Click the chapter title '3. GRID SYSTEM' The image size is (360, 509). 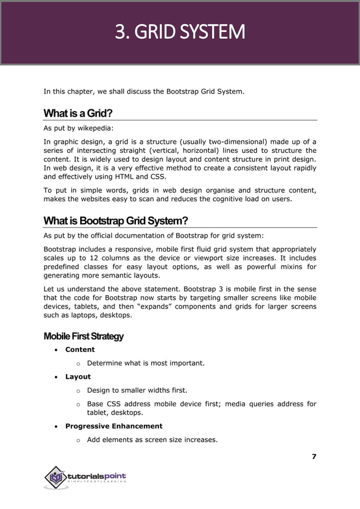tap(180, 32)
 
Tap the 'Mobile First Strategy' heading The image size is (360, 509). tap(84, 336)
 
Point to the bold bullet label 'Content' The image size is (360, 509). tap(80, 350)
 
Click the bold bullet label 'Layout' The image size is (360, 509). tap(78, 377)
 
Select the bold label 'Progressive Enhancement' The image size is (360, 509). tap(113, 426)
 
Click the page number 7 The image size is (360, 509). tap(314, 457)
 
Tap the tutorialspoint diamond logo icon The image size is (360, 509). tap(55, 477)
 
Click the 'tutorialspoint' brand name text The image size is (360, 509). tap(96, 477)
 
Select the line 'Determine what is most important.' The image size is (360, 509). tap(146, 363)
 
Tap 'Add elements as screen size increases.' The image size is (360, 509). tap(152, 440)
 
